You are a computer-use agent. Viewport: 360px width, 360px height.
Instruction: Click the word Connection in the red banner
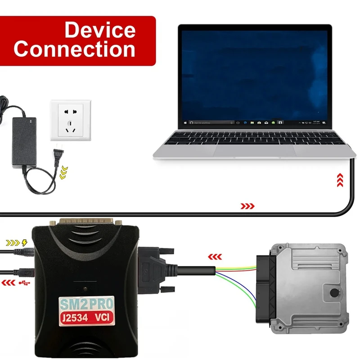point(74,49)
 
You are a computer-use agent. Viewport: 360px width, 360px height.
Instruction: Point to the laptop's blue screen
point(255,72)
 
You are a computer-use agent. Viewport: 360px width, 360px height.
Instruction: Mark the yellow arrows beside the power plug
point(64,171)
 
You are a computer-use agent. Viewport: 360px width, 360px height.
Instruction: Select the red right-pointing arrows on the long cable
point(247,206)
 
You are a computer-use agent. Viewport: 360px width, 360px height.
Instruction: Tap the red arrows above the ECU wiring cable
point(215,257)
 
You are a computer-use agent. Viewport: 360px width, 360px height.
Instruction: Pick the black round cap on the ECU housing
point(334,293)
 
